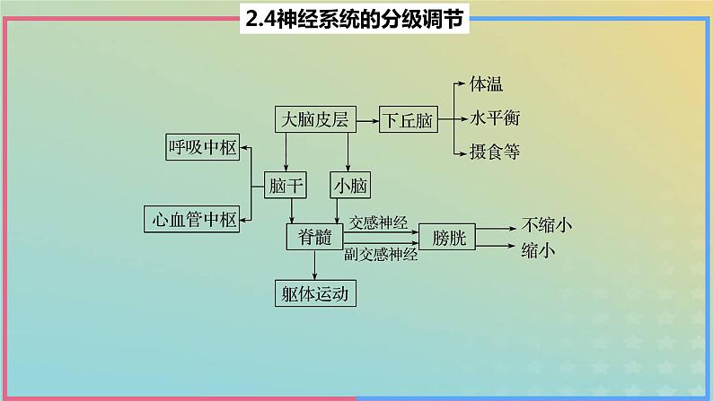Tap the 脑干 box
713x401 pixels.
point(286,187)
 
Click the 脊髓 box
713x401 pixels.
point(309,236)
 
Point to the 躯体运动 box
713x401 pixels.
point(314,293)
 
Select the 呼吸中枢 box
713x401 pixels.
point(202,147)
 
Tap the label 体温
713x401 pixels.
point(486,85)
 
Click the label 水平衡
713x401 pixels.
point(494,118)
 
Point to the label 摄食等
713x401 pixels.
point(494,152)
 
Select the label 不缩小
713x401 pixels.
point(548,224)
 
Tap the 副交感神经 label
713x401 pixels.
point(381,255)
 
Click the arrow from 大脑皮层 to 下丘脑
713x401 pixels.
point(366,119)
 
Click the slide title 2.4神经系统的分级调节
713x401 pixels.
point(356,19)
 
